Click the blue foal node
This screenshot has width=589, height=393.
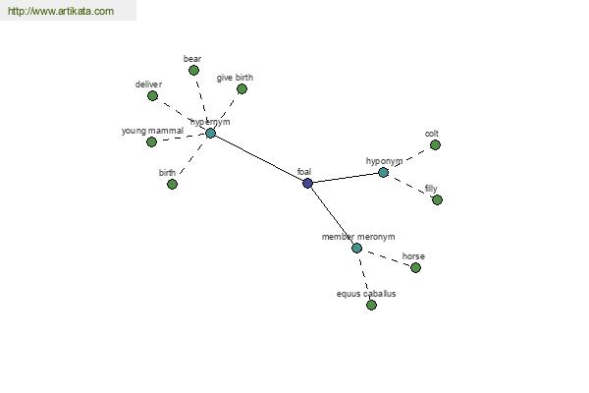point(307,183)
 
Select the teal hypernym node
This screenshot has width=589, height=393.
point(211,133)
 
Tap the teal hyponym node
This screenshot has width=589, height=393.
point(383,173)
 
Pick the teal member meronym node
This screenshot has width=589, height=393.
point(357,249)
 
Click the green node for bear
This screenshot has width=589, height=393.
point(193,71)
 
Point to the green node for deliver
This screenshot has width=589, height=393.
point(152,96)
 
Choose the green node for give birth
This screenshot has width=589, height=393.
point(241,89)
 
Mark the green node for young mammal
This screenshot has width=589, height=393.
point(151,141)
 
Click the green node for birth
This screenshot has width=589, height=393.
point(172,185)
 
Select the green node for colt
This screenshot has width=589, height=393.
point(435,144)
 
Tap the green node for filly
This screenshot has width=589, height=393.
point(437,199)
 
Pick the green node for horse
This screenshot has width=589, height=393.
point(415,268)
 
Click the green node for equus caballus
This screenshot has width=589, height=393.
point(371,305)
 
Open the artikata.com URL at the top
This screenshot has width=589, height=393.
point(61,11)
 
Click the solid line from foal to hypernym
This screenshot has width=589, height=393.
point(259,158)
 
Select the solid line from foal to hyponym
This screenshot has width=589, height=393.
point(346,178)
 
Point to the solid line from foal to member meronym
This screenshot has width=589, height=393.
point(333,216)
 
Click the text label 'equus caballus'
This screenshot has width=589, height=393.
point(366,294)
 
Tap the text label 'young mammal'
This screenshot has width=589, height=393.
point(152,131)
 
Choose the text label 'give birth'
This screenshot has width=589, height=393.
point(235,78)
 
